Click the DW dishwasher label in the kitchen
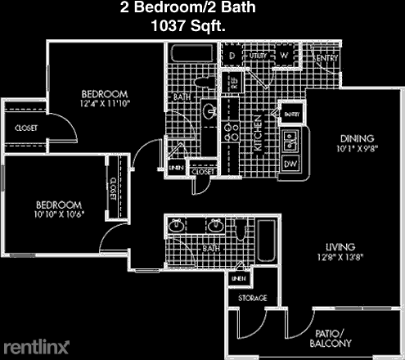[290, 165]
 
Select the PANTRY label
[290, 114]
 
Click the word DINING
[358, 138]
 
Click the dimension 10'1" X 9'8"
[358, 149]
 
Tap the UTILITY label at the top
[259, 56]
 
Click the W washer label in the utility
[284, 56]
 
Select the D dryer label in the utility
[232, 56]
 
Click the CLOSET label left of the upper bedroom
[25, 128]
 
